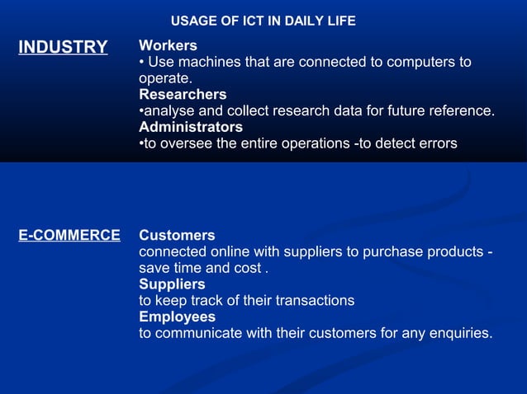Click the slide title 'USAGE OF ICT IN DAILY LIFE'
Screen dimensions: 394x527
(263, 21)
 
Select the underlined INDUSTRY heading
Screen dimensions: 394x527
(63, 47)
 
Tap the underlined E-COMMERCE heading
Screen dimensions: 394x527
(69, 236)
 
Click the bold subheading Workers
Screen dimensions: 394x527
(168, 45)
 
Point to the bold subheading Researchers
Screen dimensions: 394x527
(183, 95)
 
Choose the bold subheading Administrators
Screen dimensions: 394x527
(191, 127)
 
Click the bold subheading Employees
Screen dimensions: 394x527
(177, 317)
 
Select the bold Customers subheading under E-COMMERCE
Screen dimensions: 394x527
(177, 236)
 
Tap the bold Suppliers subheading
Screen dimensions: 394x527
(172, 284)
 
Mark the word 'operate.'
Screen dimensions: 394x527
(165, 78)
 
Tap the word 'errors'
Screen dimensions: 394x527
(435, 143)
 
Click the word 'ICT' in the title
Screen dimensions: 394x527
(240, 21)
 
